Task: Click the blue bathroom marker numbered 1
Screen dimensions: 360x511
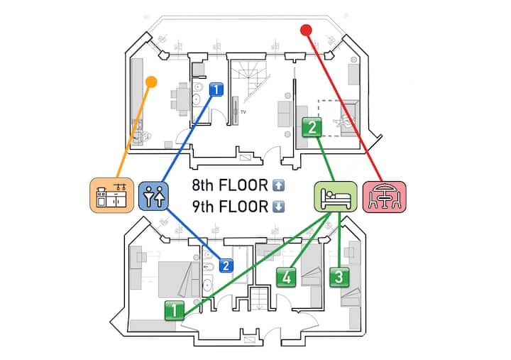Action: [217, 90]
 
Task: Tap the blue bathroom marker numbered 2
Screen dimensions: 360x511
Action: [226, 266]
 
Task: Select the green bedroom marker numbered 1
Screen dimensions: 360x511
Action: [173, 310]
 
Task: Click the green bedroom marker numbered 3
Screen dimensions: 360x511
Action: [339, 276]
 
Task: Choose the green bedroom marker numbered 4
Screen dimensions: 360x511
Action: [286, 276]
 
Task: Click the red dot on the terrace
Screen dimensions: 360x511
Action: [306, 30]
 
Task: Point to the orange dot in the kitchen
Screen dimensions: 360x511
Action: [150, 82]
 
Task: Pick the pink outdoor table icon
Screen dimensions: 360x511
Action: [385, 196]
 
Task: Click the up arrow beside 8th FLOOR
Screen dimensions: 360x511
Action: [278, 186]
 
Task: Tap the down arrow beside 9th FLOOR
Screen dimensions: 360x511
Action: [278, 207]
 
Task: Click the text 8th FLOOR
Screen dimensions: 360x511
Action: [231, 186]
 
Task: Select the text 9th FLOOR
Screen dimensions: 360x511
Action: [231, 207]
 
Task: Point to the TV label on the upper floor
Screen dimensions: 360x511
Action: [243, 112]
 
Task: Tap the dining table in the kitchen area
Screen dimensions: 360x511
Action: [182, 98]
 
